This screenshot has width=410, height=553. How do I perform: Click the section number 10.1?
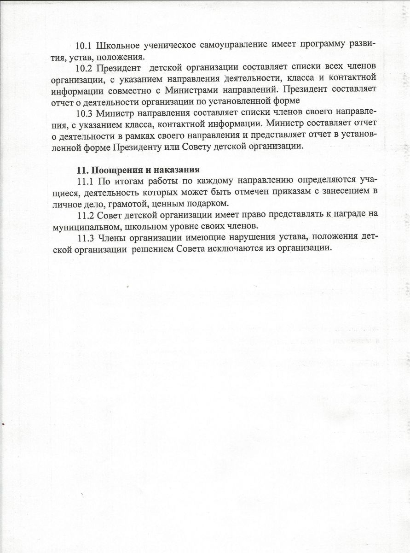[84, 46]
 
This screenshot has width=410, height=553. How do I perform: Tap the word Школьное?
[116, 46]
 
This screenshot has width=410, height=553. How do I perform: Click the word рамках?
[123, 135]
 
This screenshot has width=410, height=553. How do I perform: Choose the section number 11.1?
[84, 180]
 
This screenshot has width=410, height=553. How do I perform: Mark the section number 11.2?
[85, 214]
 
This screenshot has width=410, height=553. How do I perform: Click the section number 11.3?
[85, 237]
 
